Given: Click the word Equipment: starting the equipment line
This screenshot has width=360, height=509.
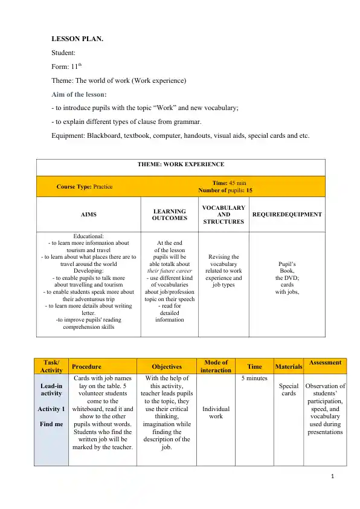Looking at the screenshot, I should pyautogui.click(x=68, y=135).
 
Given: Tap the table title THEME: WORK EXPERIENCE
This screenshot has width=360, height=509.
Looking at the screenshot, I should pyautogui.click(x=181, y=164).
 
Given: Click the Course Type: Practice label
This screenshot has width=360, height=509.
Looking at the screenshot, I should pyautogui.click(x=85, y=186).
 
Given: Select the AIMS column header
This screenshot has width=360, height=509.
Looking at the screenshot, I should pyautogui.click(x=88, y=214).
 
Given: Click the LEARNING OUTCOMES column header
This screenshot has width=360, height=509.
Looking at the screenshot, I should pyautogui.click(x=170, y=214).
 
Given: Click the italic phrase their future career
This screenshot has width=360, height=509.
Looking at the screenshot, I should pyautogui.click(x=169, y=271).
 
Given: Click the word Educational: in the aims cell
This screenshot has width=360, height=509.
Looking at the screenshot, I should pyautogui.click(x=88, y=236).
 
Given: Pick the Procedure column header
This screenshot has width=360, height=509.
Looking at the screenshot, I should pyautogui.click(x=84, y=366).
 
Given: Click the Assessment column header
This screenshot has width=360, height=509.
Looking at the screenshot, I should pyautogui.click(x=325, y=363).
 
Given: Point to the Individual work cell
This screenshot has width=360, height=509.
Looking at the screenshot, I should pyautogui.click(x=216, y=413).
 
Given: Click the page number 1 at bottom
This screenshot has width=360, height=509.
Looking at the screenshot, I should pyautogui.click(x=333, y=476).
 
